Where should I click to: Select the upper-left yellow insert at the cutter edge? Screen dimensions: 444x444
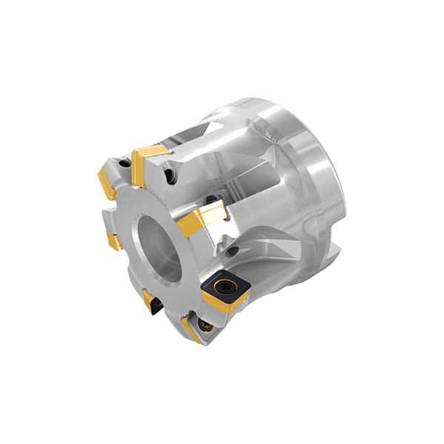click(x=107, y=182)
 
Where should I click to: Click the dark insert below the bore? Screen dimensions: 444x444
click(x=153, y=302)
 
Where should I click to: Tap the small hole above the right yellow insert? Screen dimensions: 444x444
click(x=212, y=199)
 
